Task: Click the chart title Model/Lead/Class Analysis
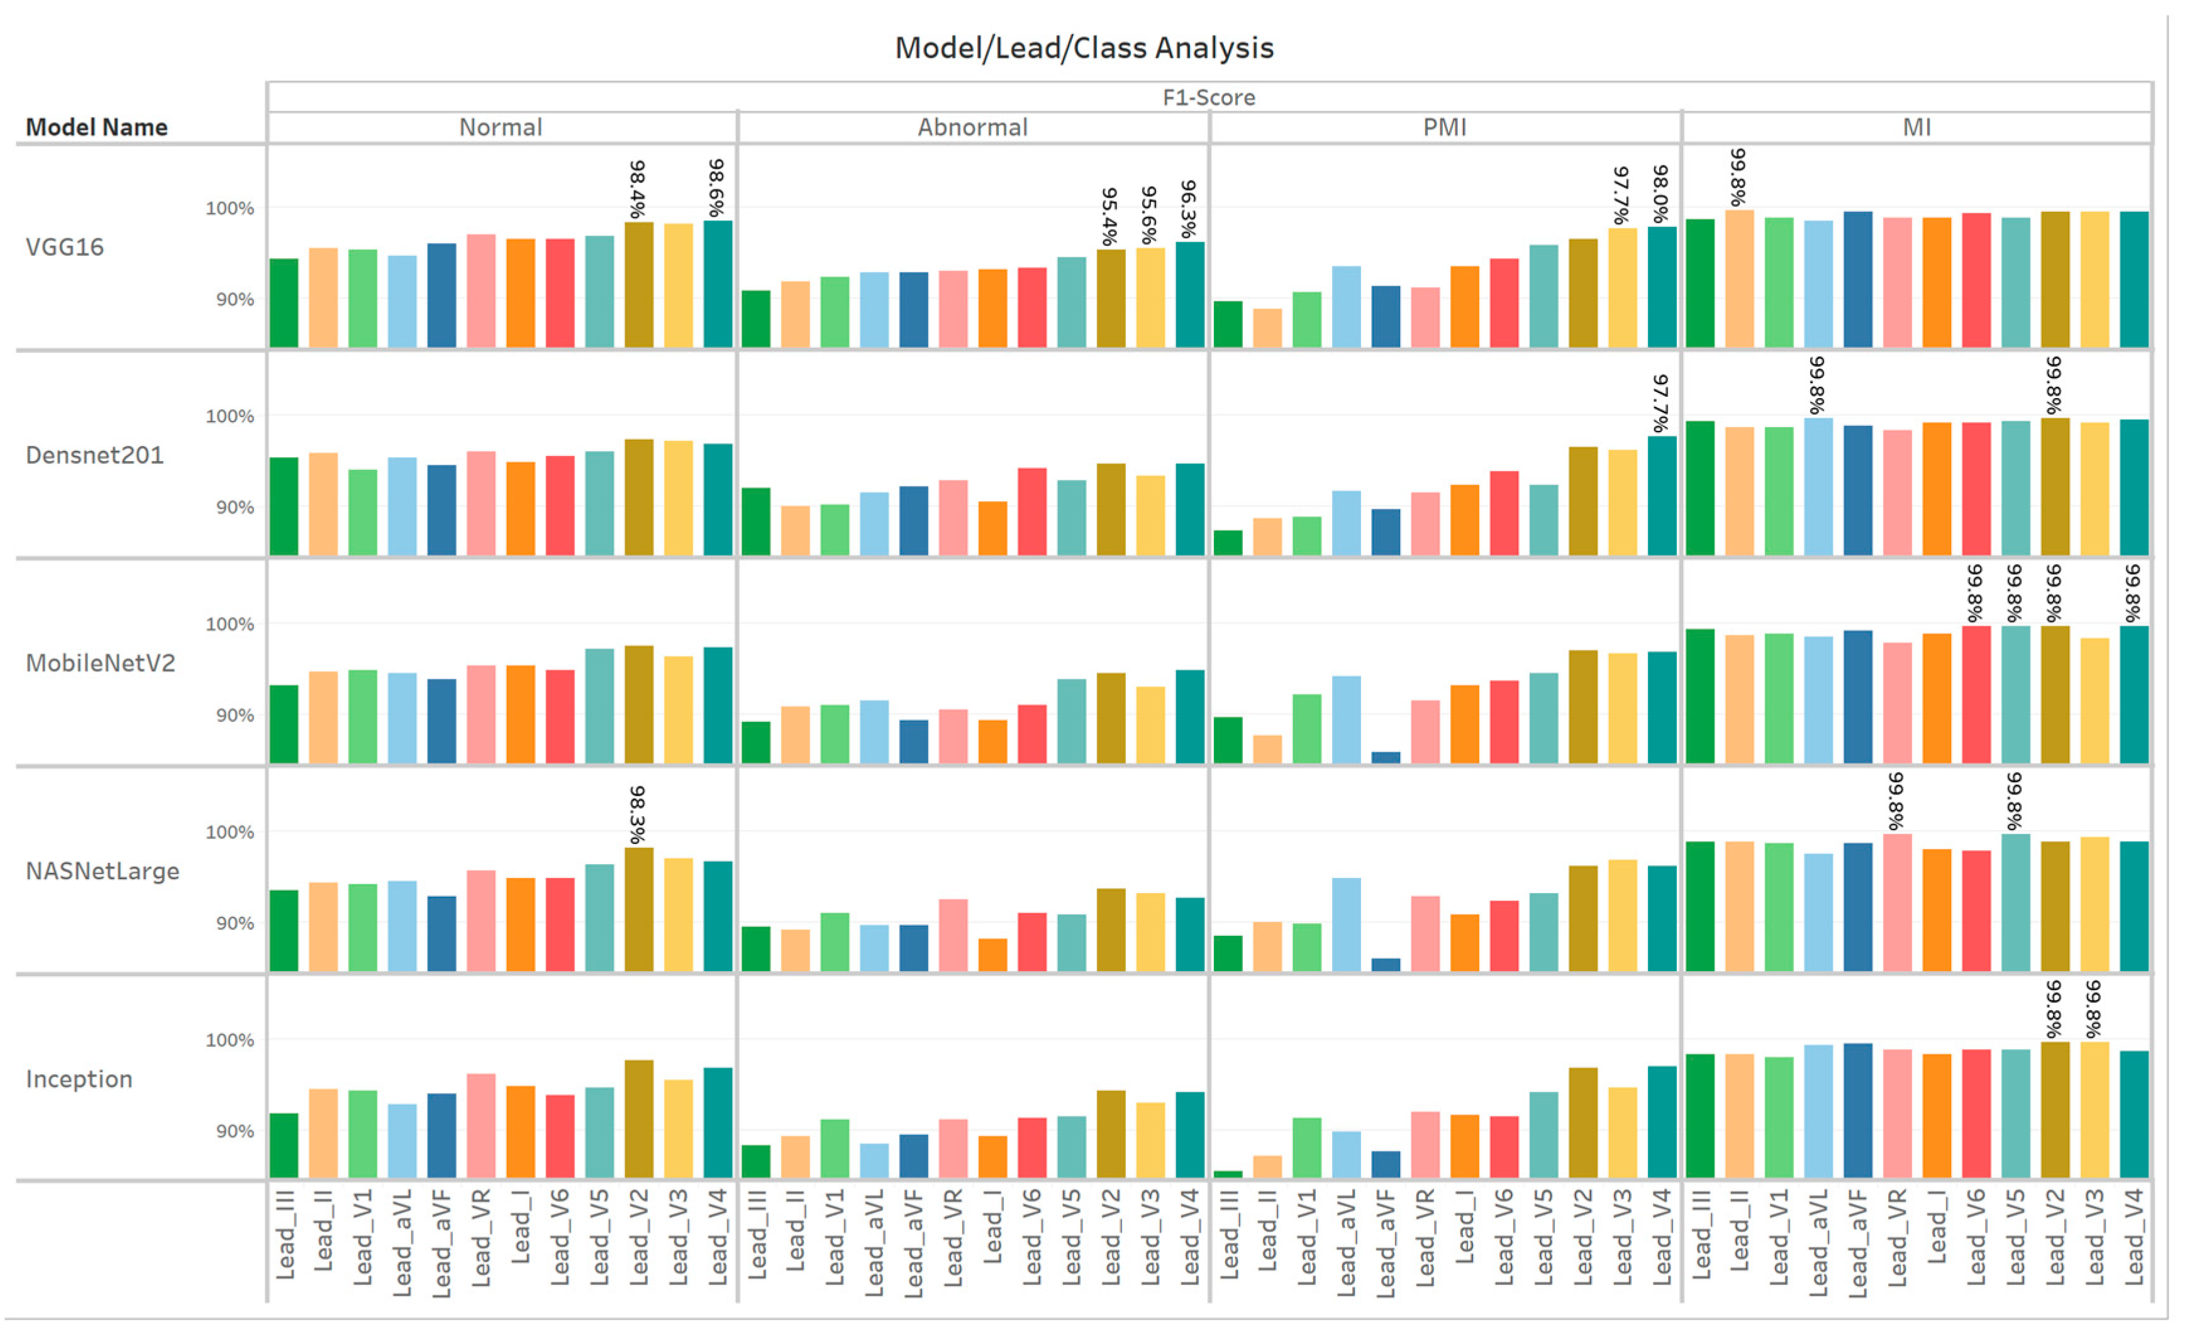pos(1084,48)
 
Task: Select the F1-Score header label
pos(1209,97)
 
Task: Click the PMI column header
pos(1445,128)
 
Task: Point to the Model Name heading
pos(96,128)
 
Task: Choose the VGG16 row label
pos(65,247)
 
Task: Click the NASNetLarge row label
pos(102,872)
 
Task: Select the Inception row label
pos(79,1080)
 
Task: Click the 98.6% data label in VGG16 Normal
pos(716,188)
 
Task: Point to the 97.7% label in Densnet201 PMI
pos(1661,404)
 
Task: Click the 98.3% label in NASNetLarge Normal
pos(638,814)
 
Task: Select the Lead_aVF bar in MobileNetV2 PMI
pos(1386,757)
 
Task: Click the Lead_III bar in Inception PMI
pos(1228,1174)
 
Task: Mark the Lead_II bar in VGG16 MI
pos(1739,279)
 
